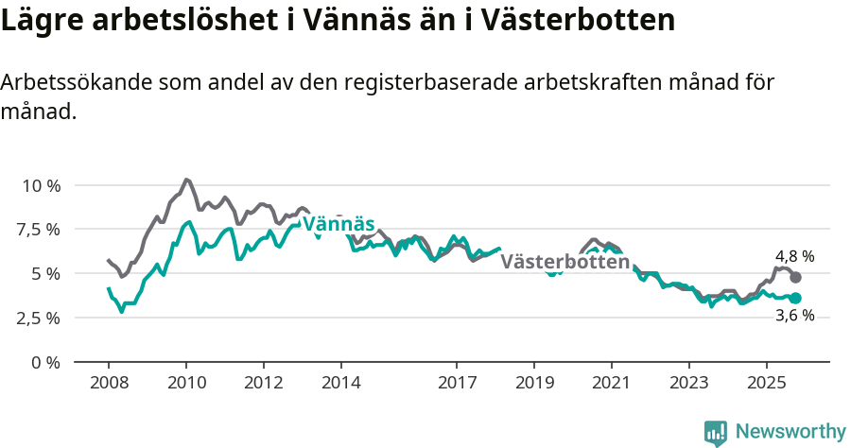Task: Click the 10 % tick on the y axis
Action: coord(41,185)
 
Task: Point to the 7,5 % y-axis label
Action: coord(41,230)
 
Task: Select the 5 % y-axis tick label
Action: coord(46,274)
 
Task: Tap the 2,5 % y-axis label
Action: coord(41,318)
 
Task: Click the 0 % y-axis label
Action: coord(46,362)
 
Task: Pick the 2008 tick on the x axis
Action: coord(109,383)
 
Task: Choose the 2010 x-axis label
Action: coord(186,383)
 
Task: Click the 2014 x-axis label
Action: coord(340,383)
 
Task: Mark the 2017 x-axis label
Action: coord(457,383)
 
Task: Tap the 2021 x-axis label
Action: coord(611,383)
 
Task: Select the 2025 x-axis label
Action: coord(766,383)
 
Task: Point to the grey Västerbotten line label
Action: coord(564,262)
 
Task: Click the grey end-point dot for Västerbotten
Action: coord(796,278)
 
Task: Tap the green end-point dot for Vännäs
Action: coord(796,299)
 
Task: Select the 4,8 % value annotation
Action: coord(794,256)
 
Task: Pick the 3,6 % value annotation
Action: coord(794,317)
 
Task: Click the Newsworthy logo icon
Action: coord(716,433)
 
